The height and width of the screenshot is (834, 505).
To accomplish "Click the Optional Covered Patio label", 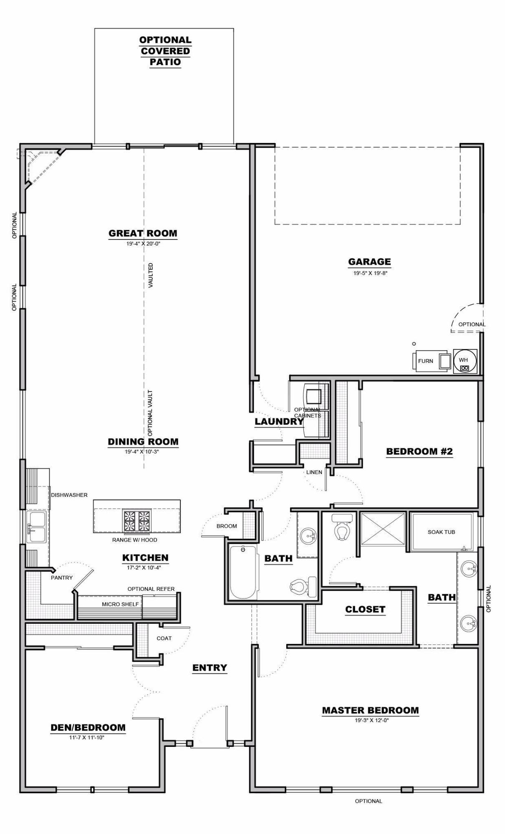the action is pyautogui.click(x=165, y=51).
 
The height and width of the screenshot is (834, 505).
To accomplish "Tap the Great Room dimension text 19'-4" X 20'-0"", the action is pyautogui.click(x=143, y=244).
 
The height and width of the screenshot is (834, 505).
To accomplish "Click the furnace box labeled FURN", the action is pyautogui.click(x=426, y=361).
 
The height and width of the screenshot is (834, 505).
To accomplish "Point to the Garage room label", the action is pyautogui.click(x=369, y=262).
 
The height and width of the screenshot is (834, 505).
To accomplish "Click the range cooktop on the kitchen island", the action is pyautogui.click(x=136, y=520).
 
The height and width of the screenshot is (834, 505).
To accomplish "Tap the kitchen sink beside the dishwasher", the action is pyautogui.click(x=36, y=527).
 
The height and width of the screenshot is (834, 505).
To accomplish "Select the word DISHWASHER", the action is pyautogui.click(x=69, y=495).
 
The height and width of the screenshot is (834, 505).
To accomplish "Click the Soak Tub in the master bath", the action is pyautogui.click(x=442, y=532).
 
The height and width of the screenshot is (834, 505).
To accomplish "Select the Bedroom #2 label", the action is pyautogui.click(x=419, y=451).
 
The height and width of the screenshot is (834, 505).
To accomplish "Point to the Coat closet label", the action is pyautogui.click(x=164, y=638).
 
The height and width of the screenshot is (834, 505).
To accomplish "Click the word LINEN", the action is pyautogui.click(x=314, y=472).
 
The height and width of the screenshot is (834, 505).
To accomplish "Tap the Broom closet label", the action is pyautogui.click(x=227, y=526).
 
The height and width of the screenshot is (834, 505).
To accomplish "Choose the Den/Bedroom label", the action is pyautogui.click(x=88, y=728).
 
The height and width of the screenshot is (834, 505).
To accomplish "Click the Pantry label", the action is pyautogui.click(x=62, y=578).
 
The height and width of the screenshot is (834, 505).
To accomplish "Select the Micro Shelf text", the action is pyautogui.click(x=120, y=604).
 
